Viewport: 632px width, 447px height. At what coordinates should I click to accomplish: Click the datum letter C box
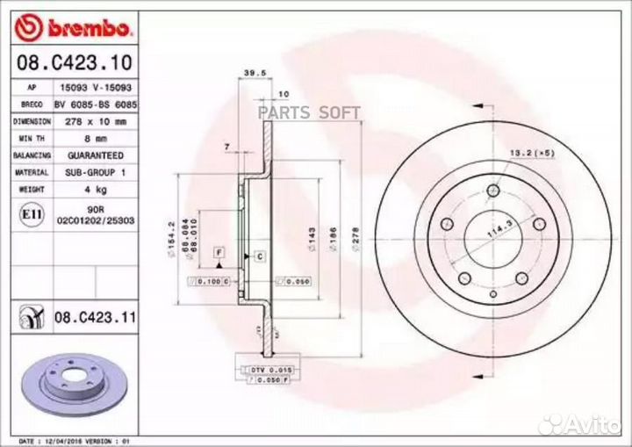click(261, 256)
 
